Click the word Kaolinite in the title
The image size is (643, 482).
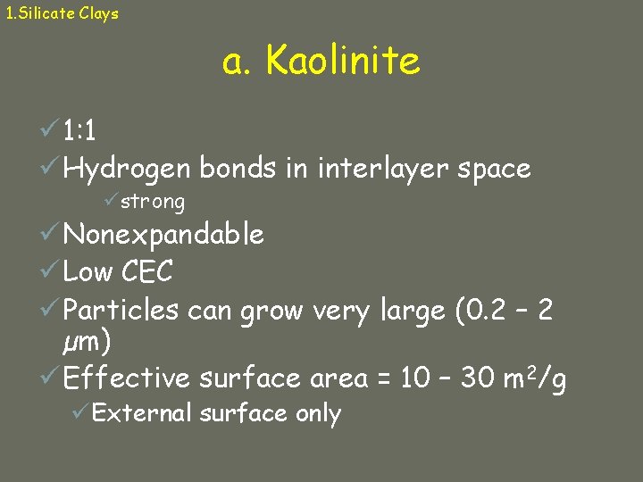(x=342, y=62)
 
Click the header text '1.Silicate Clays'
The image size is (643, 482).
(x=62, y=13)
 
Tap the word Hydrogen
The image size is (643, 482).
(x=127, y=169)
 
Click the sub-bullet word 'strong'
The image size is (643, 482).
(x=153, y=202)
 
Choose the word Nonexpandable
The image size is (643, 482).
(x=163, y=235)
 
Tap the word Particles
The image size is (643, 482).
(x=121, y=310)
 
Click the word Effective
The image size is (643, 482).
(x=127, y=378)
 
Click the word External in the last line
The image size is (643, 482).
(x=142, y=413)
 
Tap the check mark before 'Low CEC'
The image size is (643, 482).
(x=50, y=270)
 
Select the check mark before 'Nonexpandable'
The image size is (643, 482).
(x=50, y=234)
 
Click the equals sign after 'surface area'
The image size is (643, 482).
(x=383, y=379)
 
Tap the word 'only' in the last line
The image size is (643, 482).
(x=319, y=414)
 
